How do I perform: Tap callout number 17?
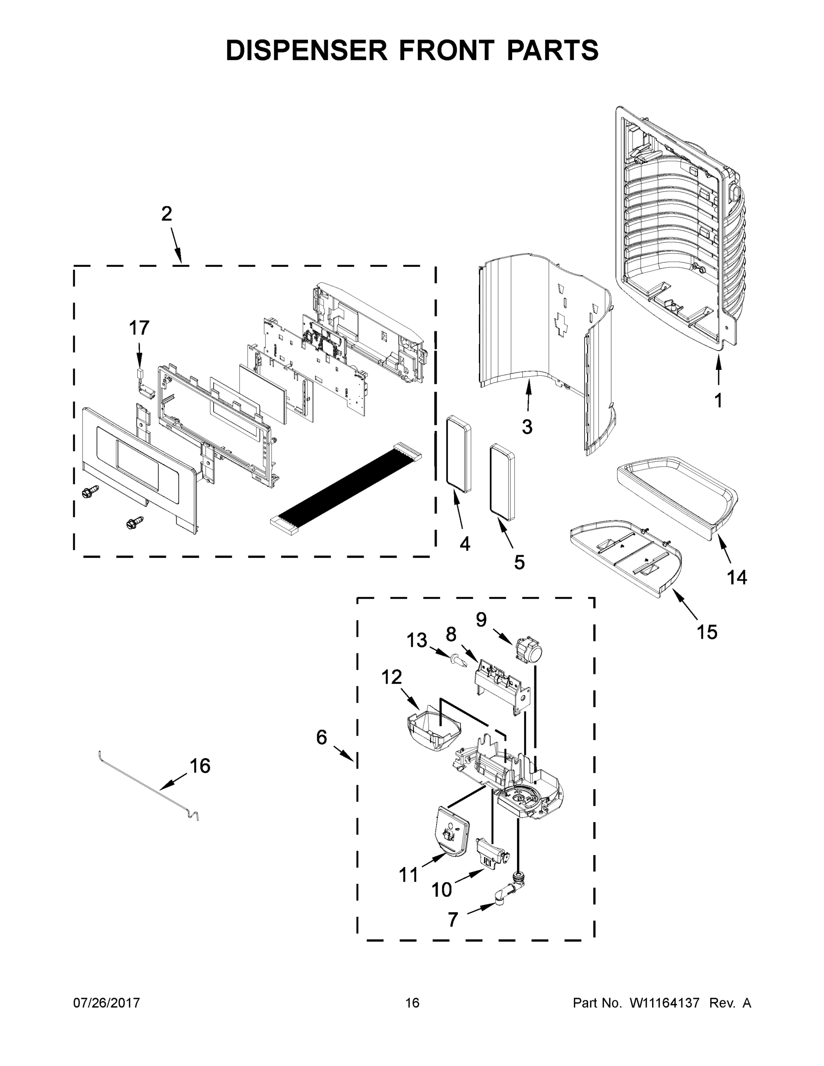139,328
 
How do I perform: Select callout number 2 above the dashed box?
167,214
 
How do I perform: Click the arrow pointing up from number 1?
718,373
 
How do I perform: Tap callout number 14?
736,577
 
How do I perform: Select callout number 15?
707,632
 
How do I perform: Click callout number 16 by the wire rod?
199,766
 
